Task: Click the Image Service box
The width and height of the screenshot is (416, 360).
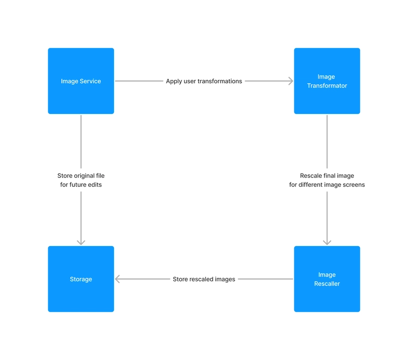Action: pyautogui.click(x=81, y=81)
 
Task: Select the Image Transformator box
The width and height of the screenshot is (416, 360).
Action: pyautogui.click(x=327, y=81)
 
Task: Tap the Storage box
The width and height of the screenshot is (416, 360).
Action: pyautogui.click(x=81, y=279)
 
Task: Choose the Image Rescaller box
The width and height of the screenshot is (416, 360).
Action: pyautogui.click(x=327, y=279)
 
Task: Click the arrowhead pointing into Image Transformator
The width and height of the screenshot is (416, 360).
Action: pyautogui.click(x=291, y=81)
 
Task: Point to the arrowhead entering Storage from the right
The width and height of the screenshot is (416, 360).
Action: pyautogui.click(x=118, y=279)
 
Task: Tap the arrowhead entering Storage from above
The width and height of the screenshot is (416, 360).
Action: pyautogui.click(x=81, y=242)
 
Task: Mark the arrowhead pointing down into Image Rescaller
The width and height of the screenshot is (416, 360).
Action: pyautogui.click(x=327, y=242)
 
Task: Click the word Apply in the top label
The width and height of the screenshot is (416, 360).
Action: pyautogui.click(x=174, y=82)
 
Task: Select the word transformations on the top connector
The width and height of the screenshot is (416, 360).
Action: pyautogui.click(x=223, y=81)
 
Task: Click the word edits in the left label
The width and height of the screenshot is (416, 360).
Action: pyautogui.click(x=95, y=185)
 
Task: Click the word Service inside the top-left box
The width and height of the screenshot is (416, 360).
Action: pyautogui.click(x=90, y=81)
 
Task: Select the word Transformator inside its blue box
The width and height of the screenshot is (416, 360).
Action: pyautogui.click(x=327, y=86)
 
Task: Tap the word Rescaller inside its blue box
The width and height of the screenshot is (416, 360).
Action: pyautogui.click(x=327, y=284)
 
